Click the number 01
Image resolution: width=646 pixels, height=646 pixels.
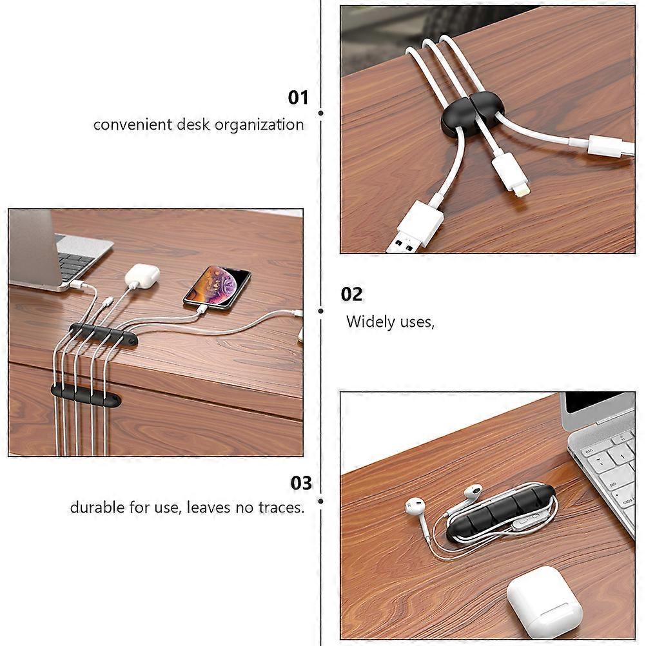tap(298, 97)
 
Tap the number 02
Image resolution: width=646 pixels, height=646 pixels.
tap(351, 294)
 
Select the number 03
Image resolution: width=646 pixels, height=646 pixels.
tap(301, 483)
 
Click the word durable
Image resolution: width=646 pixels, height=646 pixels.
tap(97, 507)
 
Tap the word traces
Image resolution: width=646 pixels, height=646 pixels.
tap(281, 507)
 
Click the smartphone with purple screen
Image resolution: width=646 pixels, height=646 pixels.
tap(217, 287)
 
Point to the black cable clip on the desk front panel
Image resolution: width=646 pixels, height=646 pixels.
tap(86, 396)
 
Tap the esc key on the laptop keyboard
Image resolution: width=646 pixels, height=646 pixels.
tap(589, 451)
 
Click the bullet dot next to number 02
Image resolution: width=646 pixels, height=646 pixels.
tap(321, 311)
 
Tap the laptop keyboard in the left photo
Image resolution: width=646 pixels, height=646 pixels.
tap(75, 264)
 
